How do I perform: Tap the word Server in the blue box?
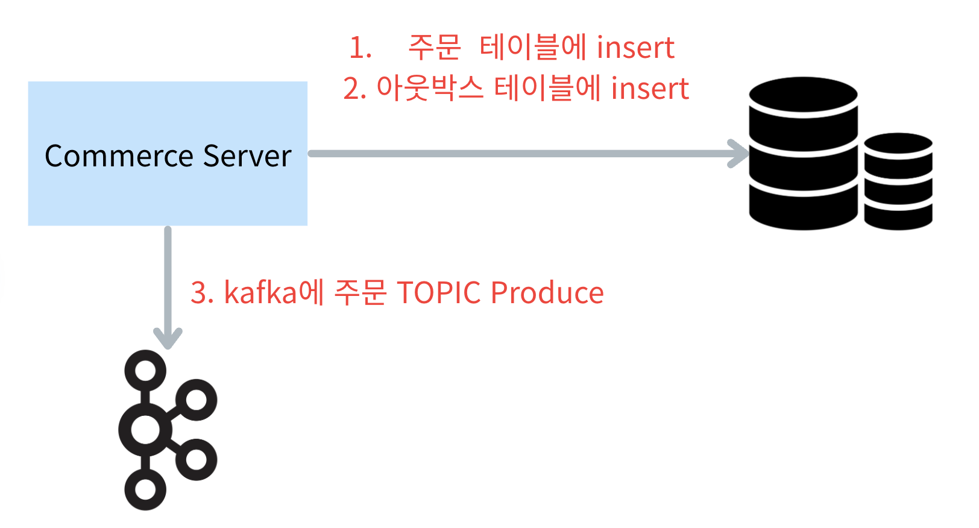(x=247, y=156)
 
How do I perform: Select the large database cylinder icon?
(x=803, y=153)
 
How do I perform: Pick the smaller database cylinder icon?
(x=898, y=181)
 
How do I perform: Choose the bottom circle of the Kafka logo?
(x=145, y=489)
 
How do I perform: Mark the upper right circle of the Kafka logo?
(x=197, y=400)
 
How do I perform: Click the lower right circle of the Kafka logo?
(x=197, y=460)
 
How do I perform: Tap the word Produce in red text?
(x=547, y=293)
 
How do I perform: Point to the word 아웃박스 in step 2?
(x=430, y=89)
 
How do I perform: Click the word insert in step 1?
(x=635, y=48)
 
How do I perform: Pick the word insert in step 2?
(x=650, y=89)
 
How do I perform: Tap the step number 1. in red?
(x=360, y=48)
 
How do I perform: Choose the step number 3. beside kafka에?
(x=203, y=293)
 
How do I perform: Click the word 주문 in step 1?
(x=434, y=48)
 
